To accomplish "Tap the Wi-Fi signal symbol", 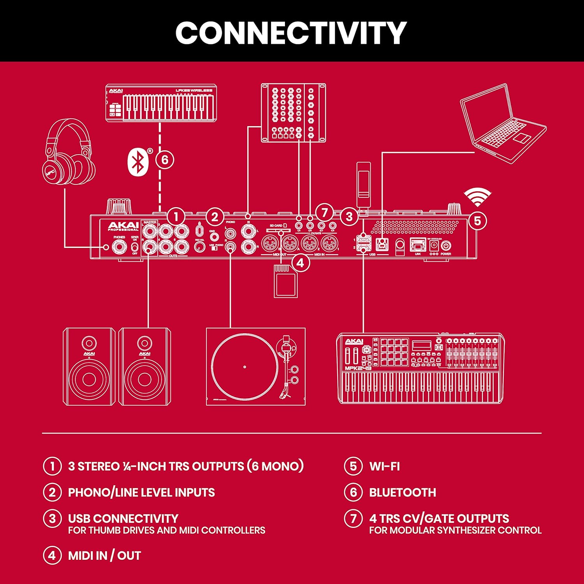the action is pyautogui.click(x=477, y=197).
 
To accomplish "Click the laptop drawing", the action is pyautogui.click(x=503, y=124).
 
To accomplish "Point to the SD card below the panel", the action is pyautogui.click(x=286, y=281).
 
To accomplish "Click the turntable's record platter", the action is pyautogui.click(x=245, y=367).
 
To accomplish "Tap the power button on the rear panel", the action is pyautogui.click(x=446, y=246).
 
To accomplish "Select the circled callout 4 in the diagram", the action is pyautogui.click(x=300, y=263).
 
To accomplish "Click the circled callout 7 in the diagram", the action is pyautogui.click(x=324, y=213).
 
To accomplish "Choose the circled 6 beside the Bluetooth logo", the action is pyautogui.click(x=165, y=160).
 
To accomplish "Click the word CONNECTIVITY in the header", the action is pyautogui.click(x=291, y=33).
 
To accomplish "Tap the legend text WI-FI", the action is pyautogui.click(x=384, y=466).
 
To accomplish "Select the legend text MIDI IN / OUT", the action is pyautogui.click(x=104, y=556).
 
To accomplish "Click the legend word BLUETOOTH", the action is pyautogui.click(x=402, y=493).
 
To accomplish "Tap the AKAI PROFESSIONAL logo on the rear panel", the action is pyautogui.click(x=123, y=226).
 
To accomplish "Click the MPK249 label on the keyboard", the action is pyautogui.click(x=358, y=368).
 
